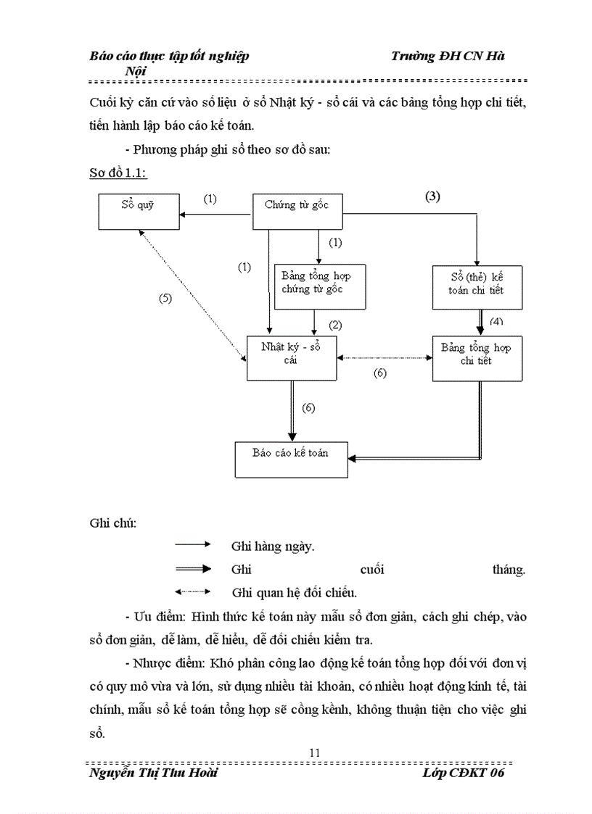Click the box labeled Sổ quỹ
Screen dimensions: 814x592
pyautogui.click(x=139, y=212)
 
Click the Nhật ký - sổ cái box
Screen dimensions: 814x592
pyautogui.click(x=292, y=357)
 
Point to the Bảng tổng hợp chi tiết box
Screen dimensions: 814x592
pyautogui.click(x=477, y=357)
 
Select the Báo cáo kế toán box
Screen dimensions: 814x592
pyautogui.click(x=291, y=459)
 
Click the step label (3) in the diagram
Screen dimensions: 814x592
pyautogui.click(x=432, y=196)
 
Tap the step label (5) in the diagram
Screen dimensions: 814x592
pyautogui.click(x=165, y=298)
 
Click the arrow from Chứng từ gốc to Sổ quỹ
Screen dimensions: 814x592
pyautogui.click(x=215, y=214)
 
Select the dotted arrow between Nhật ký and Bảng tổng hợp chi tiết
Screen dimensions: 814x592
pyautogui.click(x=385, y=357)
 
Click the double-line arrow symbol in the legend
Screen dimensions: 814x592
pyautogui.click(x=192, y=570)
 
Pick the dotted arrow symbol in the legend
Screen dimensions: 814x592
pyautogui.click(x=192, y=591)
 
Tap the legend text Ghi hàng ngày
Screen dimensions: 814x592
pyautogui.click(x=273, y=547)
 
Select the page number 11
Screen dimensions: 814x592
pyautogui.click(x=314, y=752)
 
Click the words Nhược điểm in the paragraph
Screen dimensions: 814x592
pyautogui.click(x=165, y=663)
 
